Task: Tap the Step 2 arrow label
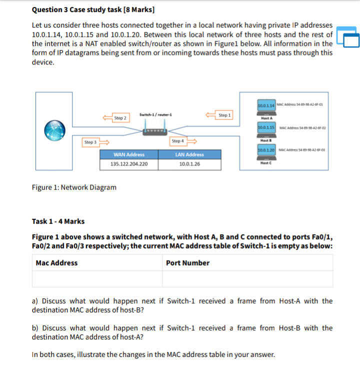point(120,118)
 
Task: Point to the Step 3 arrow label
point(90,142)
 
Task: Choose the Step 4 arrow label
point(177,141)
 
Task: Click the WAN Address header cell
point(129,154)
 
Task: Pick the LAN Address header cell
point(189,154)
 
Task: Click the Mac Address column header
point(56,263)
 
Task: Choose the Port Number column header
point(188,263)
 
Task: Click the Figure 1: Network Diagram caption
point(74,187)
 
